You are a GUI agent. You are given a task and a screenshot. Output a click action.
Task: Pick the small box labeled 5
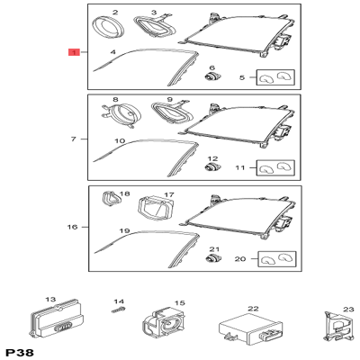(274, 79)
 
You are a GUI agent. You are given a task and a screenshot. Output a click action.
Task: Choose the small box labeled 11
(274, 167)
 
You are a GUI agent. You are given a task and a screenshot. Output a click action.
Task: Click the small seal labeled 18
(112, 200)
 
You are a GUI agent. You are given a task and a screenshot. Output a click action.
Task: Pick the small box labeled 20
(274, 259)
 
